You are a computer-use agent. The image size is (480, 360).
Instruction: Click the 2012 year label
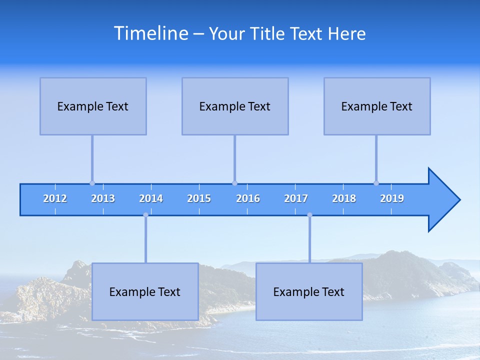pyautogui.click(x=55, y=198)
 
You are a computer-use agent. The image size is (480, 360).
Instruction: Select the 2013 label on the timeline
pyautogui.click(x=103, y=198)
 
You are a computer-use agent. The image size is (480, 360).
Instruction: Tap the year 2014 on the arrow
pyautogui.click(x=151, y=198)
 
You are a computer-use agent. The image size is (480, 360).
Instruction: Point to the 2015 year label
pyautogui.click(x=199, y=198)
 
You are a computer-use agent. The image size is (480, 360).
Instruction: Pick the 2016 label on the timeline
pyautogui.click(x=248, y=198)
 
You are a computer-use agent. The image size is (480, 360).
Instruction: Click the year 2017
pyautogui.click(x=296, y=198)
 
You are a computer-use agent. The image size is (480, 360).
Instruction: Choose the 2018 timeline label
pyautogui.click(x=344, y=198)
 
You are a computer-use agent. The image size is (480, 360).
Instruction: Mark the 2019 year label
pyautogui.click(x=392, y=198)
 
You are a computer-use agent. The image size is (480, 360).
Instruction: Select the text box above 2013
pyautogui.click(x=93, y=106)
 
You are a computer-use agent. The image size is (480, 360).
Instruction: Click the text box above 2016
pyautogui.click(x=235, y=106)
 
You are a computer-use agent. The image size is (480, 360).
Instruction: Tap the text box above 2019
pyautogui.click(x=377, y=106)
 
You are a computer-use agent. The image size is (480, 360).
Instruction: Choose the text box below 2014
pyautogui.click(x=145, y=291)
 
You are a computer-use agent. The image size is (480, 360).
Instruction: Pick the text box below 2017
pyautogui.click(x=309, y=291)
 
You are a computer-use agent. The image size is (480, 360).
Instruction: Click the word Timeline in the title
pyautogui.click(x=151, y=33)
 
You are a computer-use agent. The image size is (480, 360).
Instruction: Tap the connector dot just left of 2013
pyautogui.click(x=92, y=183)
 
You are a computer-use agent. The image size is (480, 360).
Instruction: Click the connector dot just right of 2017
pyautogui.click(x=309, y=215)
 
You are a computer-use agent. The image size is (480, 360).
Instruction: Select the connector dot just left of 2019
pyautogui.click(x=376, y=183)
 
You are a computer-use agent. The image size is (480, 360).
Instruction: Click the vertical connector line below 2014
pyautogui.click(x=145, y=240)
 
